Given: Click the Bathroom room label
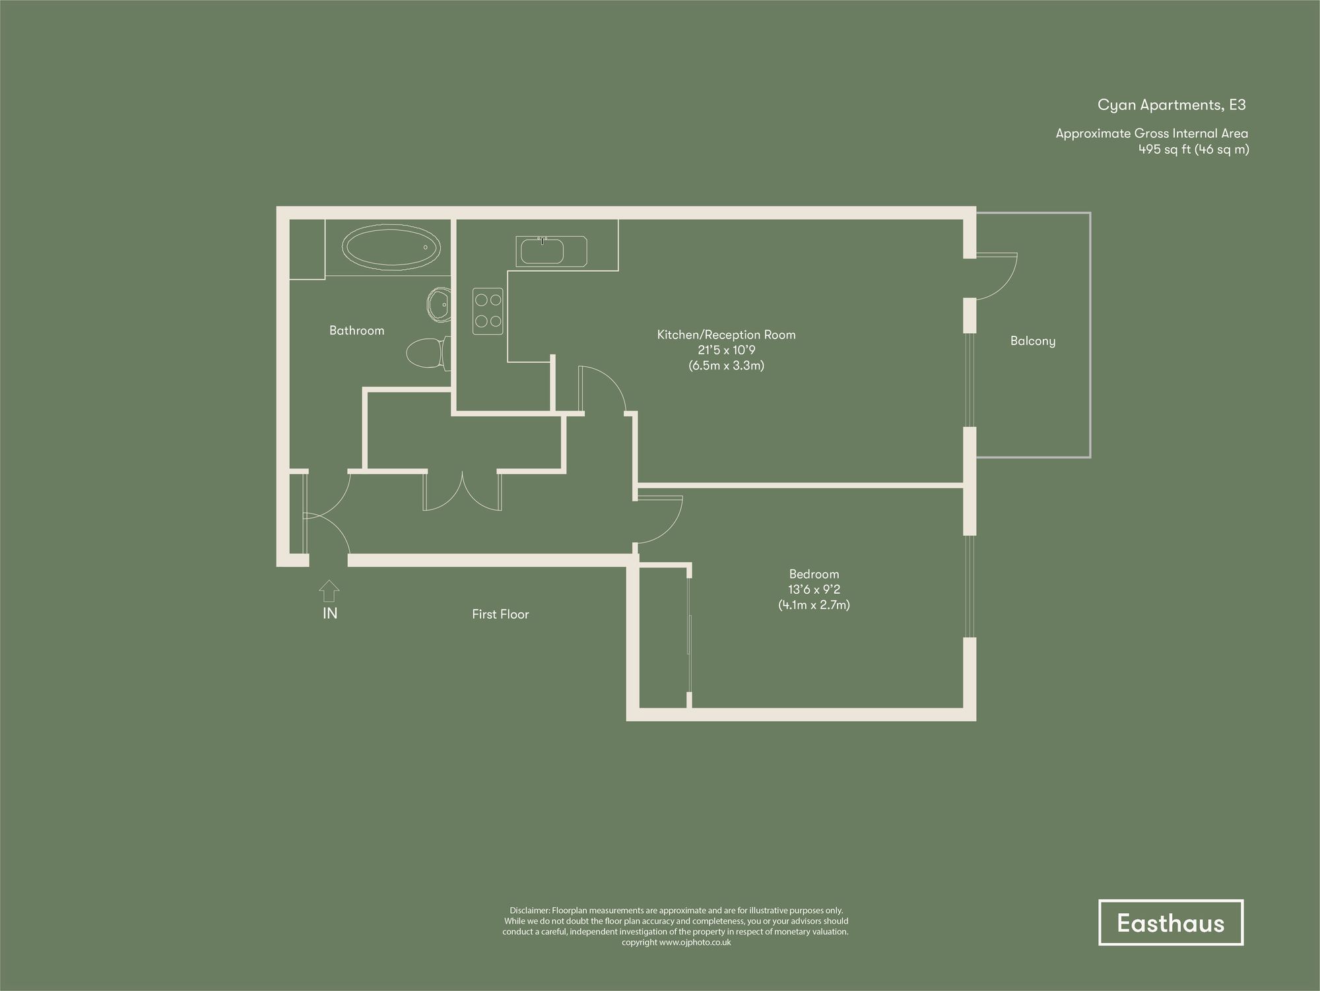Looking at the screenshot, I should (356, 331).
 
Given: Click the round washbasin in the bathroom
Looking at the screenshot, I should (438, 305).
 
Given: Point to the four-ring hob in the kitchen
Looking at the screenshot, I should (488, 311).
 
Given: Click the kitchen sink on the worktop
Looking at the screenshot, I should (543, 252).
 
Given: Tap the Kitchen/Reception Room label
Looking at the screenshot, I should (726, 335).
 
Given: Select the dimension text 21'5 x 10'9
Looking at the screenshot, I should (726, 350).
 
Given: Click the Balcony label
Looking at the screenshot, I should (1032, 341).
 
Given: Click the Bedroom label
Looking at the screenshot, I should (814, 574).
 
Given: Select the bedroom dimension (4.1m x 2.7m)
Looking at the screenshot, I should (814, 604).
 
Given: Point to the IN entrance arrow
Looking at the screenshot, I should (329, 591).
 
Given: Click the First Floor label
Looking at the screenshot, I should (500, 614).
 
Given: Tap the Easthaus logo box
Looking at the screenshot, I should (1170, 922).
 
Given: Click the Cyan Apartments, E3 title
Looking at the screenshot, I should (1171, 105).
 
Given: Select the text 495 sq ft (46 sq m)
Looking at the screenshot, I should (1193, 149).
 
